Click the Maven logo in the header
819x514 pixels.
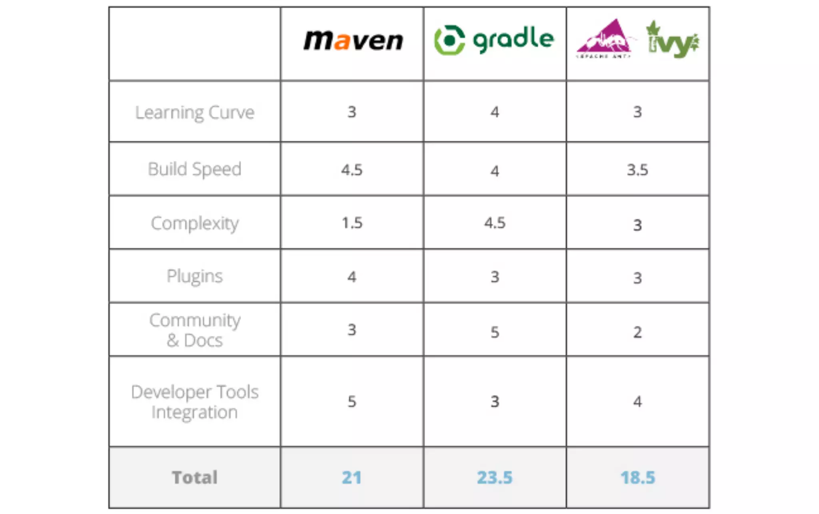pos(353,41)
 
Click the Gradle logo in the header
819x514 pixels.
pos(494,40)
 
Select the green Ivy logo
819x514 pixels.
pos(673,40)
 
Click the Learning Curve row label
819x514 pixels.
pos(195,112)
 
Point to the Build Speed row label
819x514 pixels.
pos(195,169)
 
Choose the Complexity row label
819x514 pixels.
pos(195,223)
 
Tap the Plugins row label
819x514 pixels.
pos(195,276)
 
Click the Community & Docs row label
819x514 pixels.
pos(195,330)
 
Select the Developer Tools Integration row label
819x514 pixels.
pos(195,402)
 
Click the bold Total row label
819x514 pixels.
pos(195,477)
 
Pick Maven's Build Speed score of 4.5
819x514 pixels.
pos(352,170)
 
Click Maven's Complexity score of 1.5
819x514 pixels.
pos(352,223)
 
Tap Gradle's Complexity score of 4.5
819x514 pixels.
pos(495,223)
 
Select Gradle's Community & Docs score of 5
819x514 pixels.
pos(495,332)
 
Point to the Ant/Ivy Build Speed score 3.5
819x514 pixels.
pos(637,170)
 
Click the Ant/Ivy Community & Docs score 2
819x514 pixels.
pos(637,332)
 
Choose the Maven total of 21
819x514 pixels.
pos(352,477)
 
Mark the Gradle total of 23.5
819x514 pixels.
pos(495,477)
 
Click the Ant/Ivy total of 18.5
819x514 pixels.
pos(637,477)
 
